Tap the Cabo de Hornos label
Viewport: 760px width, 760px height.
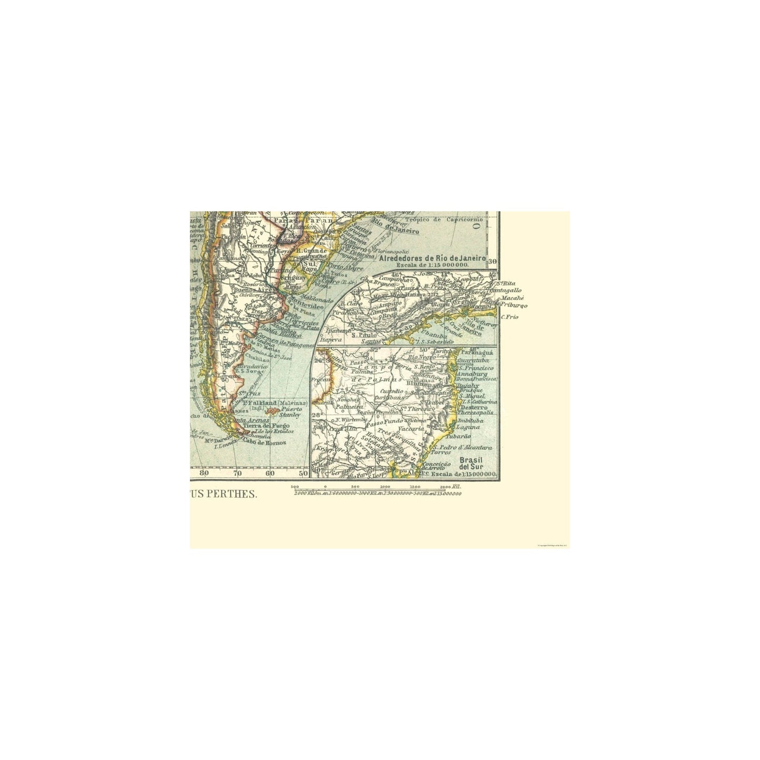(264, 442)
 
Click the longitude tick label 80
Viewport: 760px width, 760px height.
(204, 473)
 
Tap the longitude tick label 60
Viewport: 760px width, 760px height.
(270, 473)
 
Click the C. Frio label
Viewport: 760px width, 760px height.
(510, 317)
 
